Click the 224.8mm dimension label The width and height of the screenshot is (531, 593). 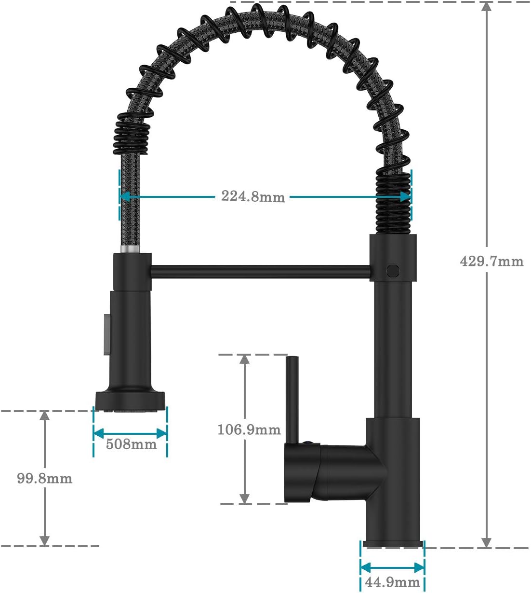tap(253, 196)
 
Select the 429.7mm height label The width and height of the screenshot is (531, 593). tap(491, 262)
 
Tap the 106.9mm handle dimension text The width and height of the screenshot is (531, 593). tap(249, 429)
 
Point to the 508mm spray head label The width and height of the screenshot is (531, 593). tap(131, 443)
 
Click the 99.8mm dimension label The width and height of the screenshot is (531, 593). tap(44, 478)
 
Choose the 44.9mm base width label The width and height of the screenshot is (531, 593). tap(392, 582)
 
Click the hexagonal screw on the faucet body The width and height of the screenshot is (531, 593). tap(392, 270)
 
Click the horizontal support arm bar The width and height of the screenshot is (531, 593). tap(260, 271)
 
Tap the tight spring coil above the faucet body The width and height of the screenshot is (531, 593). tap(392, 203)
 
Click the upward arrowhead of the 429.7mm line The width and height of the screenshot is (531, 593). tap(487, 7)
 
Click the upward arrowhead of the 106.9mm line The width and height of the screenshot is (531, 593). tap(245, 360)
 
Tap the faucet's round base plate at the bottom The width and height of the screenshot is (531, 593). tap(393, 544)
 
